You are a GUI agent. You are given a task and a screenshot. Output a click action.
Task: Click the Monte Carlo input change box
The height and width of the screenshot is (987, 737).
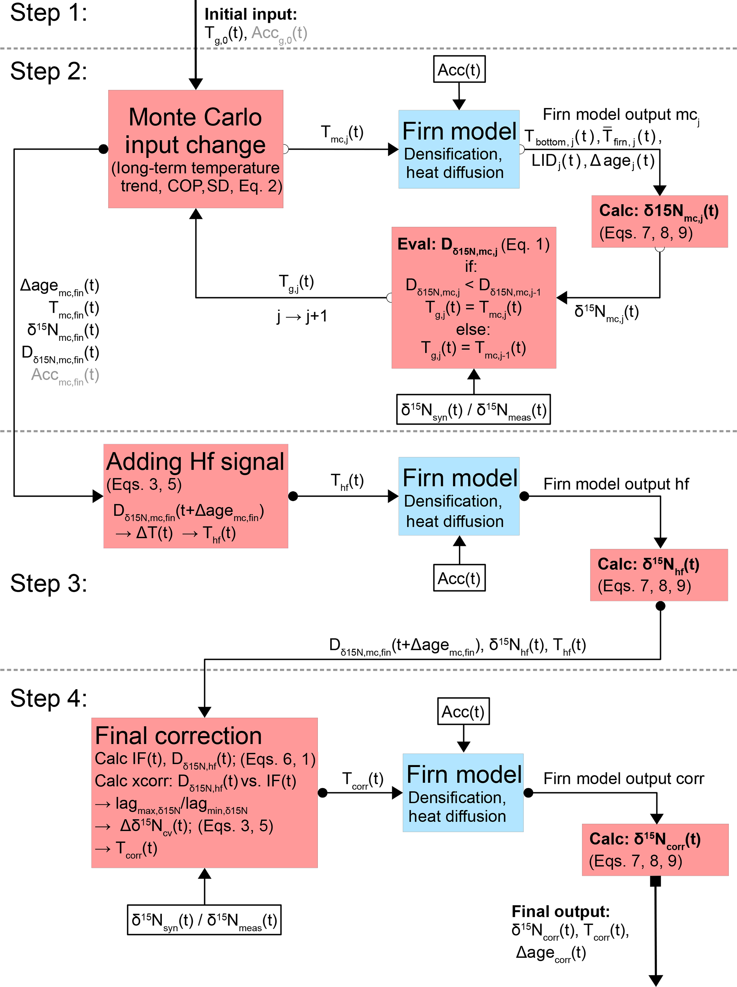coord(195,149)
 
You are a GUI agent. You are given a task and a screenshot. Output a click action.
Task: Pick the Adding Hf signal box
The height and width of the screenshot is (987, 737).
coord(195,496)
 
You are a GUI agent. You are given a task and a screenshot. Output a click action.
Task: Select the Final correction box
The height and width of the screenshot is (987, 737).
coord(204,792)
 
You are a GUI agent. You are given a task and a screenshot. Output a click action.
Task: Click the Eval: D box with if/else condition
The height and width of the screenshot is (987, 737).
coord(474,298)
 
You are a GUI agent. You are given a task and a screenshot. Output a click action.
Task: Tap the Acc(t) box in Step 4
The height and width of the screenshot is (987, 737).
coord(463,712)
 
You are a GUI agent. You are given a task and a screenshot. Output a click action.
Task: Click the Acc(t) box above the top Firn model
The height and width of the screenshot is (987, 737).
coord(459,69)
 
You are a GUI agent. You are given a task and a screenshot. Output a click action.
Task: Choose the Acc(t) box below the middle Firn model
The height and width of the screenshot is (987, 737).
coord(459,578)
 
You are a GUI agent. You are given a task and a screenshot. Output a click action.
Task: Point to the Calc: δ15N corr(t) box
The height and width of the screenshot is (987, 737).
coord(655,850)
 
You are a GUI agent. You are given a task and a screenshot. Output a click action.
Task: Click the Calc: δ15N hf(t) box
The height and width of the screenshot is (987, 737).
coord(659,575)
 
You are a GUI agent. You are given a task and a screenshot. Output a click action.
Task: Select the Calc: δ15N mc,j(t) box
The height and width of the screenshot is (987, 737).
coord(659,221)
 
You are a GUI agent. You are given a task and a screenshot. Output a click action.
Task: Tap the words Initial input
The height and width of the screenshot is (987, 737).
coord(251,14)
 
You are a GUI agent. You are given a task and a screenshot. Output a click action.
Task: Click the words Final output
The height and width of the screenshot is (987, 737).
coord(561,911)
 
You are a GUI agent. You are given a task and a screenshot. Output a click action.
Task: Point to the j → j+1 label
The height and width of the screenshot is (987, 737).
coord(302,316)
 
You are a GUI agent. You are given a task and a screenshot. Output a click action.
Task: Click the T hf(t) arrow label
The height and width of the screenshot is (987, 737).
coord(347,481)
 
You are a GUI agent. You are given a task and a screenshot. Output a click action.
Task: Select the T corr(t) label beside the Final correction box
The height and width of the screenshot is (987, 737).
coord(362,779)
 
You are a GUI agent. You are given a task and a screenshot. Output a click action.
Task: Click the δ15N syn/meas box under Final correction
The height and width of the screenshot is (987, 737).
coord(204,920)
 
